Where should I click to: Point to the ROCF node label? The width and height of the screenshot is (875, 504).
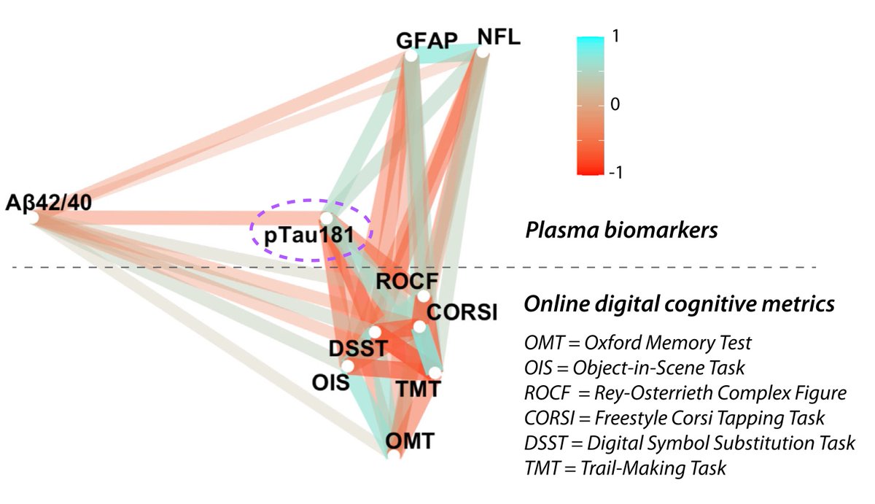[x=397, y=281]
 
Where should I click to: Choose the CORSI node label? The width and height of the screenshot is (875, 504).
[x=462, y=314]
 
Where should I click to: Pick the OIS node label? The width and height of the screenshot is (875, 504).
[x=327, y=381]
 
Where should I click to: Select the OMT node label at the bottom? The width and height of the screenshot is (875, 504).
[x=411, y=441]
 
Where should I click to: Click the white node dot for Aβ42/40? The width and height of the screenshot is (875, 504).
[x=34, y=217]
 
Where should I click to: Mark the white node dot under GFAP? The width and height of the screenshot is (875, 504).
[x=411, y=55]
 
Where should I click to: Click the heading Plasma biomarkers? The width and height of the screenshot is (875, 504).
[x=622, y=231]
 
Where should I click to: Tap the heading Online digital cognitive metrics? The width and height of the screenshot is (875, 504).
[x=680, y=305]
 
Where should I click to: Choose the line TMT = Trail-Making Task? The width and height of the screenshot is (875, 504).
[x=625, y=468]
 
